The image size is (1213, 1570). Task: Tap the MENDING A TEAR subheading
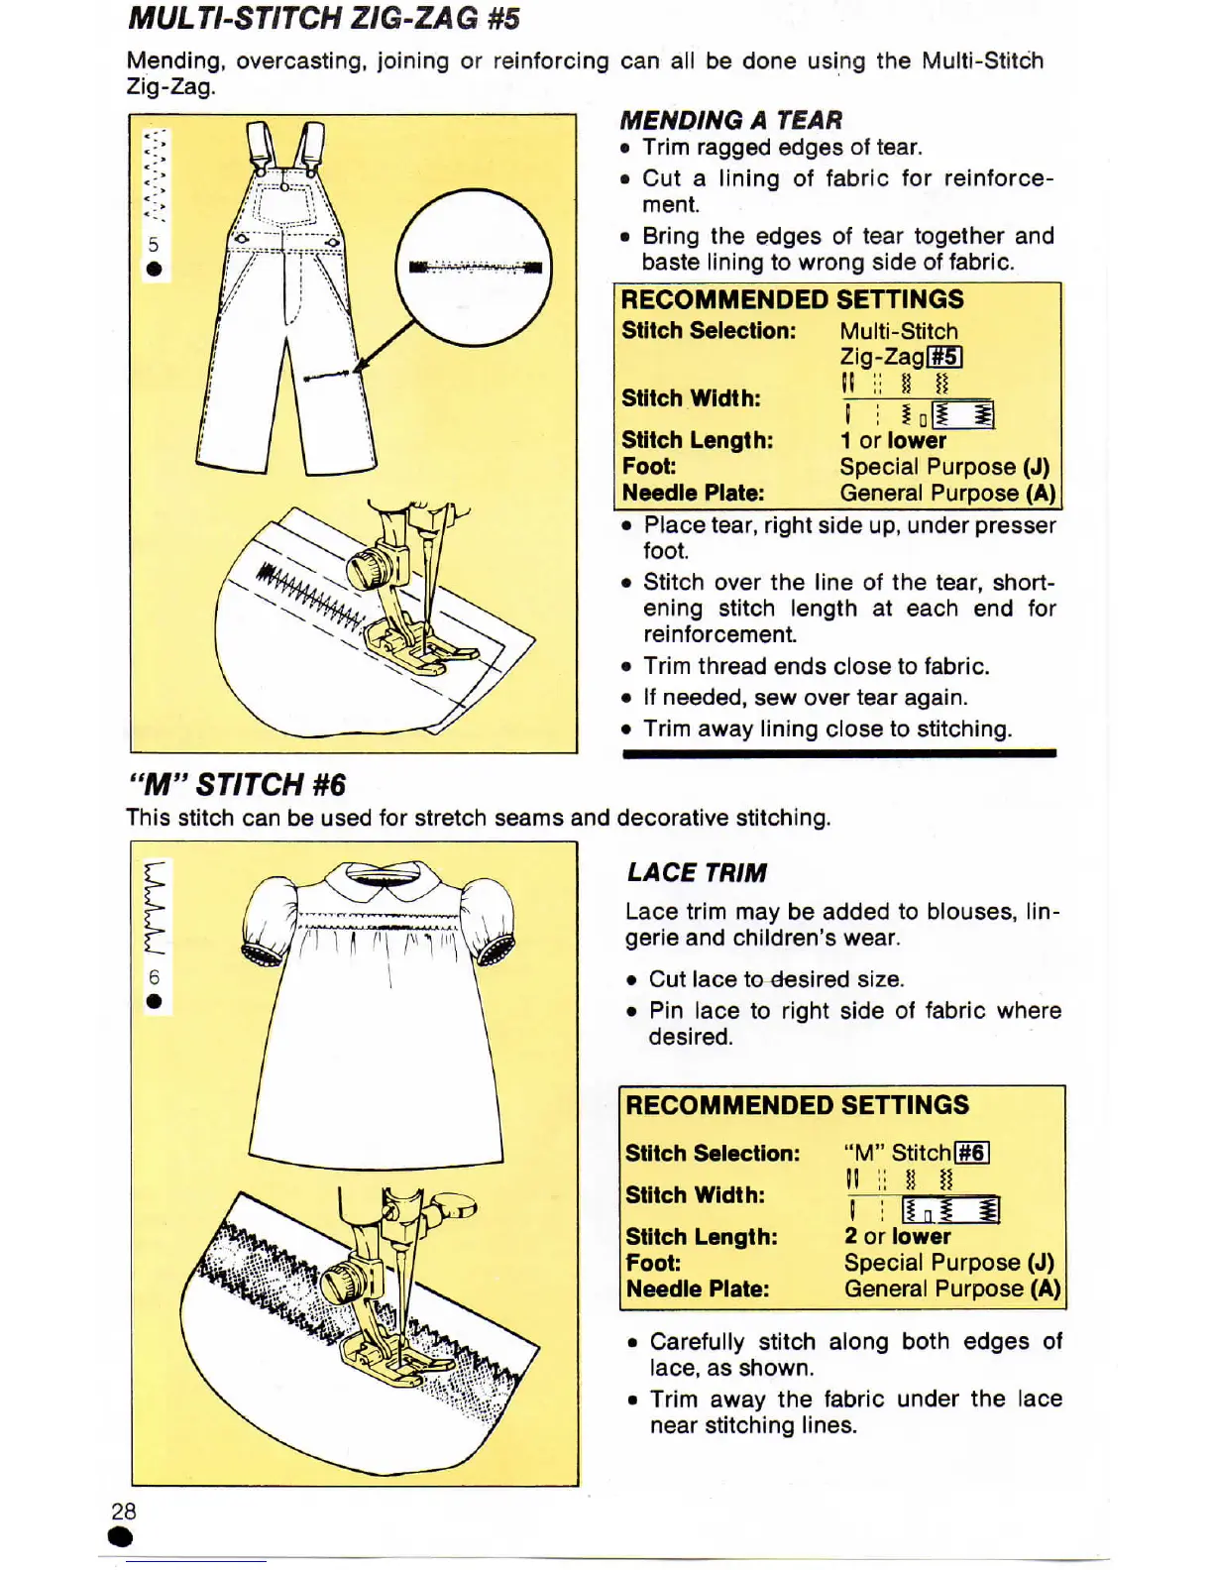pos(730,120)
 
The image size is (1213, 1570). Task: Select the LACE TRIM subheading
pos(697,872)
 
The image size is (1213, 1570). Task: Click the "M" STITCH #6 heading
pos(237,785)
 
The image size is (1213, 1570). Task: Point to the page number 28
pos(124,1511)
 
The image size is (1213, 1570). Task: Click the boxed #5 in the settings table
pos(944,357)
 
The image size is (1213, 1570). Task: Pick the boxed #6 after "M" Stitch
pos(971,1153)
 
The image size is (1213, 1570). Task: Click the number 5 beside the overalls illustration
pos(154,245)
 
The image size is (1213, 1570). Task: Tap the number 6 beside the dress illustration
pos(154,976)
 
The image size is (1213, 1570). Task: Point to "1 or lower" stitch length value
pos(893,440)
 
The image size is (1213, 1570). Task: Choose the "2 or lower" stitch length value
pos(897,1236)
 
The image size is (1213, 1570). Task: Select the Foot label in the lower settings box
pos(653,1263)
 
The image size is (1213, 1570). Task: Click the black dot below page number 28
pos(121,1537)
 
